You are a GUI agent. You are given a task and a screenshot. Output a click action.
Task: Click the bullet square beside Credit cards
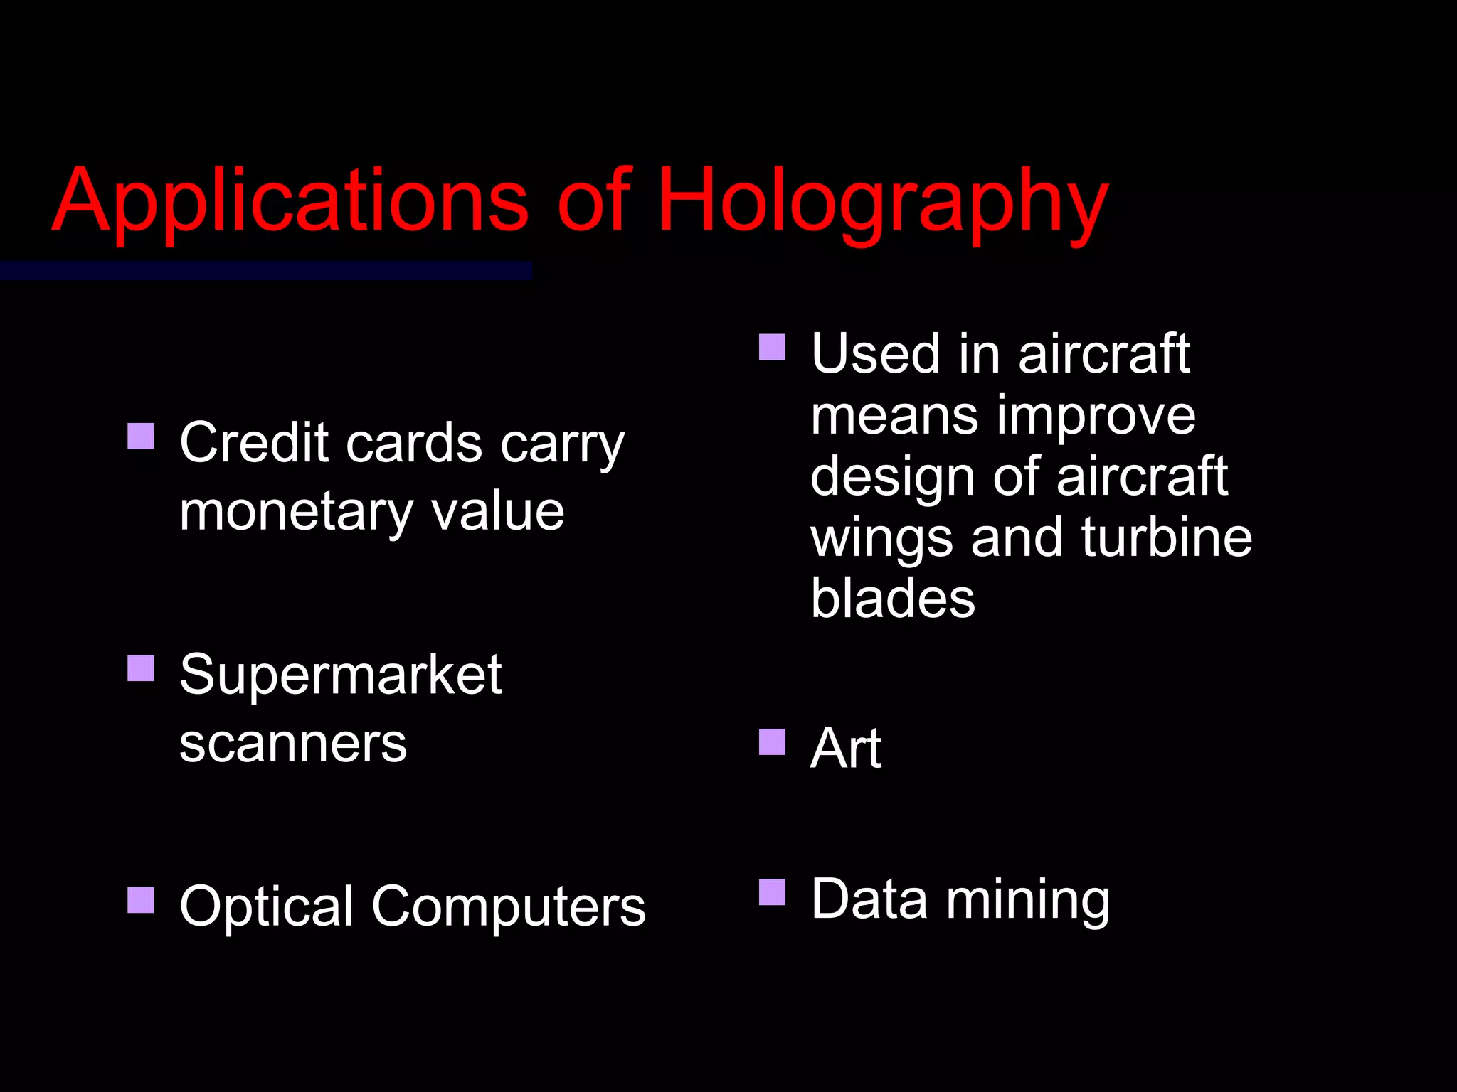click(x=141, y=437)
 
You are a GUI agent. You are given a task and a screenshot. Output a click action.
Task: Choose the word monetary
click(x=296, y=512)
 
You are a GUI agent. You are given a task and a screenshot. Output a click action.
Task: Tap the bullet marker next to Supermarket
click(x=141, y=668)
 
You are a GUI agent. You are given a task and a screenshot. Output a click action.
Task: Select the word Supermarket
click(x=341, y=675)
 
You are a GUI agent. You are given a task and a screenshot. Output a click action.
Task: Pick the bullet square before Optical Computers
click(x=141, y=899)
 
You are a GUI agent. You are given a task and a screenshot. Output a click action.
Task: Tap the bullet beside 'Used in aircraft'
click(x=772, y=348)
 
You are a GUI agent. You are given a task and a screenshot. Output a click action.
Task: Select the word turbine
click(x=1167, y=537)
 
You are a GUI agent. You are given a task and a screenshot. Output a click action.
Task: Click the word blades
click(x=893, y=598)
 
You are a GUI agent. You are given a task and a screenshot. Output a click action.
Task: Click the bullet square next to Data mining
click(x=772, y=892)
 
